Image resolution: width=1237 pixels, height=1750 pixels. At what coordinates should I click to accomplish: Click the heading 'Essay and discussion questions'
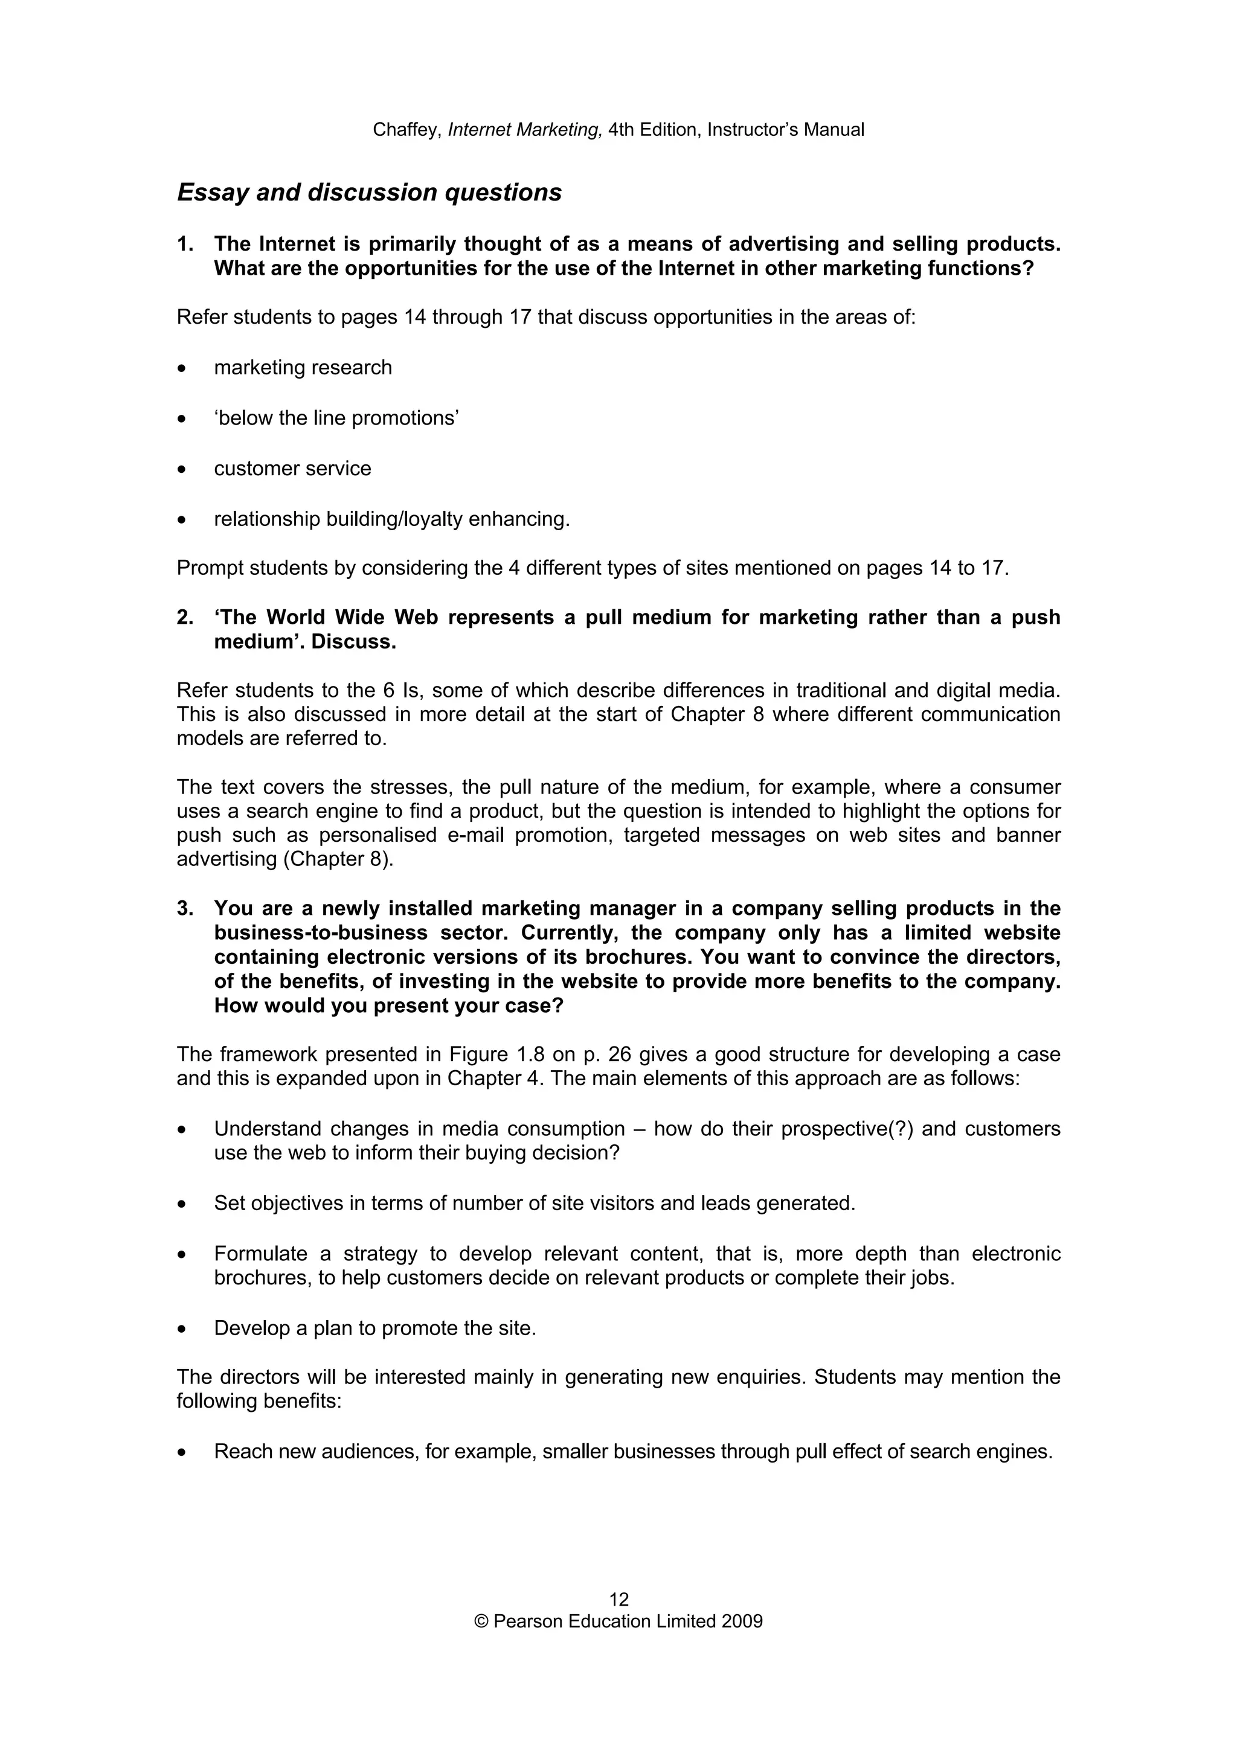coord(369,192)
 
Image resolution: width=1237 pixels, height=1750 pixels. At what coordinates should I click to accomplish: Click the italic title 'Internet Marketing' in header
coord(524,130)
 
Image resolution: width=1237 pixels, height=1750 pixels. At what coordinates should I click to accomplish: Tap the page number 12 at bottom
coord(618,1599)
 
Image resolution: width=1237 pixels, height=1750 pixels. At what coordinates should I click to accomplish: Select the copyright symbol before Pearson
coord(481,1621)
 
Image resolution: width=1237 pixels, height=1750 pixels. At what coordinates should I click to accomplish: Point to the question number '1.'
coord(185,244)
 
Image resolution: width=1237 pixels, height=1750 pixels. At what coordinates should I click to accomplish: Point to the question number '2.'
coord(185,617)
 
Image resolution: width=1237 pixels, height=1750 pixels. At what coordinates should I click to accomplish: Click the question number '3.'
coord(185,909)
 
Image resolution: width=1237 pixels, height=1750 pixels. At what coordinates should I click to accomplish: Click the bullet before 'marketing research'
coord(181,369)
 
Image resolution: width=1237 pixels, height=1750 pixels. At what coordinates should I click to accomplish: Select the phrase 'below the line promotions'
coord(336,418)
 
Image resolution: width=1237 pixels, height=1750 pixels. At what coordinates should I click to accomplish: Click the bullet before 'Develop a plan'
coord(181,1329)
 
